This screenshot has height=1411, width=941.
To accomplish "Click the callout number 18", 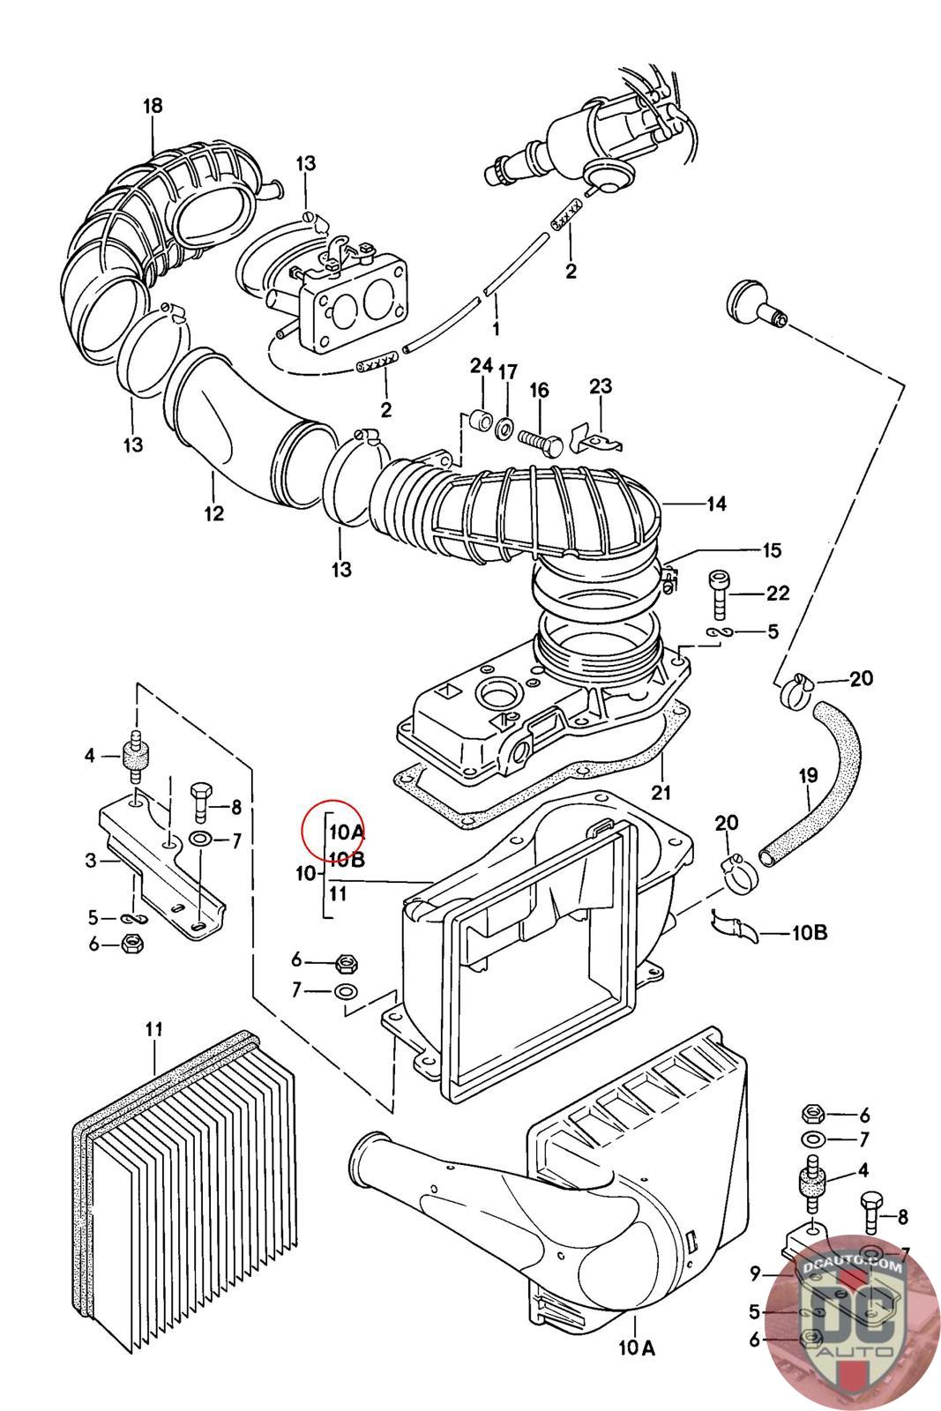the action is click(x=153, y=106).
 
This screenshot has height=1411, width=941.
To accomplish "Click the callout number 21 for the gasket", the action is click(x=660, y=792).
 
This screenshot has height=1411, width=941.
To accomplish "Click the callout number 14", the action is click(x=716, y=504).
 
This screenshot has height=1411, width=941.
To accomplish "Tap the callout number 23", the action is click(x=601, y=385).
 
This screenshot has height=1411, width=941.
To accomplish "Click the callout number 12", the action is click(x=214, y=512).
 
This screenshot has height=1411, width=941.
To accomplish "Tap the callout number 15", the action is click(x=772, y=550).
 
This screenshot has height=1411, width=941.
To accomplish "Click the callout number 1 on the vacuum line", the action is click(x=496, y=328).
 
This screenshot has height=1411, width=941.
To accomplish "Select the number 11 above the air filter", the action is click(x=153, y=1029).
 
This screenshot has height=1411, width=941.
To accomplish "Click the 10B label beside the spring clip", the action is click(x=809, y=932).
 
